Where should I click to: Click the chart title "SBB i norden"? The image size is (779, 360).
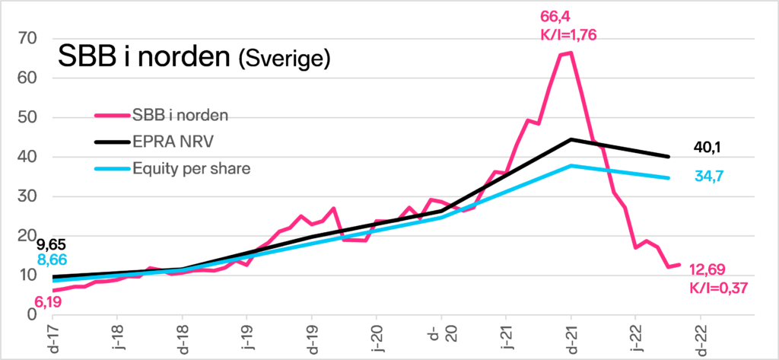coord(145,56)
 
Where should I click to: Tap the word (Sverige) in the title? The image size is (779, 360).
coord(285,59)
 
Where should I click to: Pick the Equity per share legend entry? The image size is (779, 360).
coord(173,169)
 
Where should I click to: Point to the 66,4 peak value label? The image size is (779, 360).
coord(555,17)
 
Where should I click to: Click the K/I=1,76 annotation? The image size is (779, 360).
coord(568,35)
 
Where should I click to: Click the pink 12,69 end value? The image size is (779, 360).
coord(707,269)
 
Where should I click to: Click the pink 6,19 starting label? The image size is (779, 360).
coord(49,301)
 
